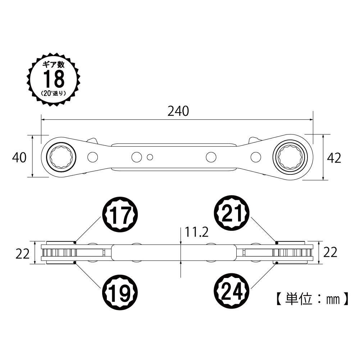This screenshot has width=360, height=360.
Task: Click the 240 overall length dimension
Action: click(178, 111)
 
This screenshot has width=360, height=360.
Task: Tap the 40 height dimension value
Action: click(19, 157)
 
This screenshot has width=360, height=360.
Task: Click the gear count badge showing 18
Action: click(54, 79)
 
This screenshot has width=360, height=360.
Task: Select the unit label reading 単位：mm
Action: click(311, 299)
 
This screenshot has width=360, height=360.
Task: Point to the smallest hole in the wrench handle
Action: click(150, 156)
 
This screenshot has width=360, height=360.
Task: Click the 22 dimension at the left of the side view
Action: click(22, 254)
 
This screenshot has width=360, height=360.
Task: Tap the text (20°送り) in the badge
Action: click(54, 93)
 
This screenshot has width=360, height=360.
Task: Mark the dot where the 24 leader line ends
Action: click(277, 263)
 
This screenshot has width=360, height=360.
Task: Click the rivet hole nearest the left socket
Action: click(92, 156)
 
